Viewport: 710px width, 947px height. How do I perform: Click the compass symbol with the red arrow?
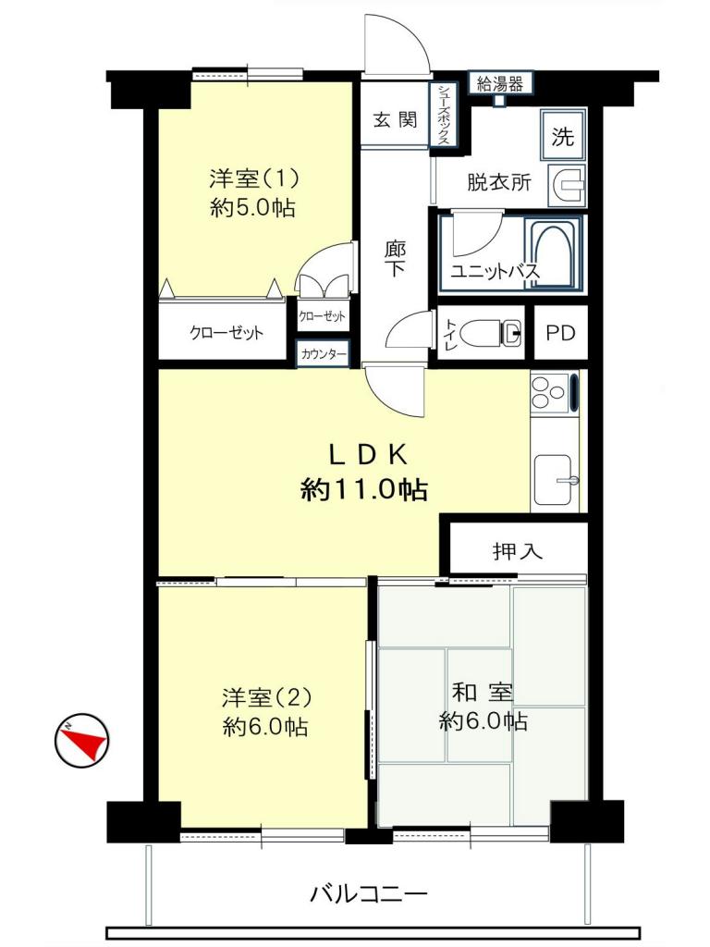80,741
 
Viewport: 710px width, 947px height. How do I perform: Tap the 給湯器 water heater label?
500,83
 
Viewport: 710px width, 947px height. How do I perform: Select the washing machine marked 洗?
563,135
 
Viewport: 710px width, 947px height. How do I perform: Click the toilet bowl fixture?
491,333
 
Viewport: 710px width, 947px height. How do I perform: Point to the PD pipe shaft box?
560,333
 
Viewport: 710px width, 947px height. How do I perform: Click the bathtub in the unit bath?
552,253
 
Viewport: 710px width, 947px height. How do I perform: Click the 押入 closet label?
518,551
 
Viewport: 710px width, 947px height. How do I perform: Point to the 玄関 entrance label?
395,119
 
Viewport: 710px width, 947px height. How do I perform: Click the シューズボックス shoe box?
444,114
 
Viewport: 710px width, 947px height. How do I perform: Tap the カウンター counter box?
323,354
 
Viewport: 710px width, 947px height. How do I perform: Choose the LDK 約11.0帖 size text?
364,489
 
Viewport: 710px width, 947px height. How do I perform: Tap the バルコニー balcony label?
368,892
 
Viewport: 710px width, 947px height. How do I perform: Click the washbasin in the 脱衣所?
567,185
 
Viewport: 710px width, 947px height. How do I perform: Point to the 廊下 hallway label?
396,259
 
